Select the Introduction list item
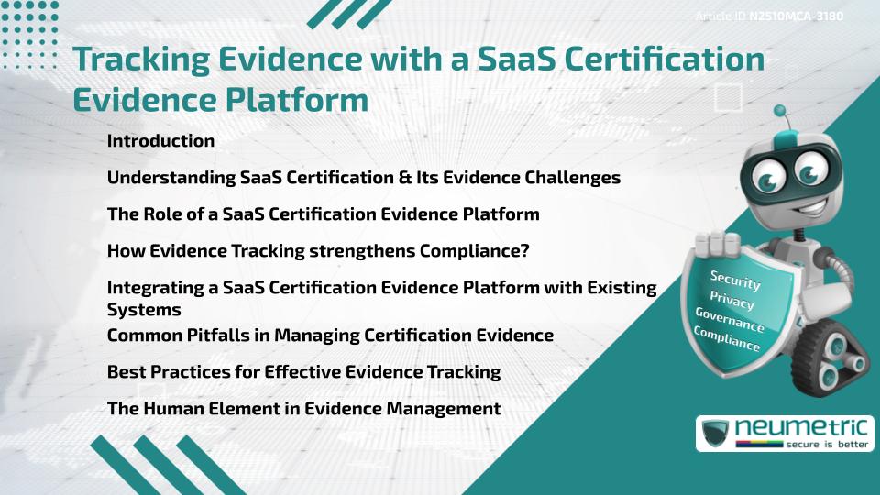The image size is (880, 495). coord(160,141)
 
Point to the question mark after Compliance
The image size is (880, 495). coord(525,251)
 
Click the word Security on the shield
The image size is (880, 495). coord(735,280)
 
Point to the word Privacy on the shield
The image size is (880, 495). coord(731,300)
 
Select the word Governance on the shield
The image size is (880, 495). coord(730,320)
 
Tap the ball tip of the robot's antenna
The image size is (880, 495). coord(781,112)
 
